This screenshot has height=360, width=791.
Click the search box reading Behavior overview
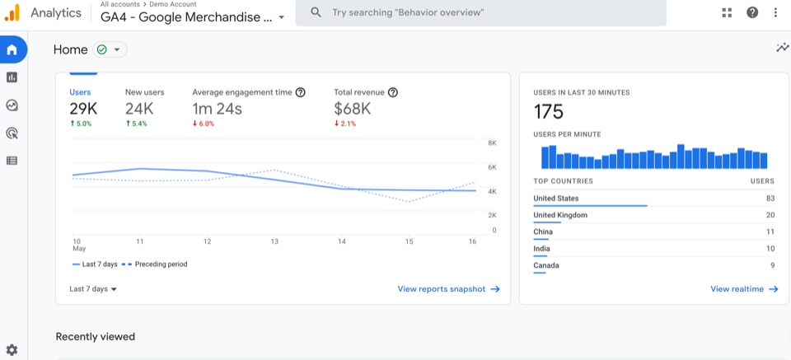click(480, 13)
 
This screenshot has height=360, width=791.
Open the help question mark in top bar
click(752, 12)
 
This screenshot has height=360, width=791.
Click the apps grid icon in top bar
click(727, 12)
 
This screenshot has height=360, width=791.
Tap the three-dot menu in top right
click(775, 12)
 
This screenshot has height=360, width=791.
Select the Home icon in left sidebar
click(12, 49)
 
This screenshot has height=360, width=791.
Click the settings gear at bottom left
click(12, 350)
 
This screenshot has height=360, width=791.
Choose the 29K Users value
click(83, 109)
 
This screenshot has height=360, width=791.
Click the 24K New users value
click(140, 109)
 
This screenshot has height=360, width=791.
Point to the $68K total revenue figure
click(352, 109)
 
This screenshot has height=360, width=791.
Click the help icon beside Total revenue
click(393, 92)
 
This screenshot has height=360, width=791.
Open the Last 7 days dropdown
click(93, 289)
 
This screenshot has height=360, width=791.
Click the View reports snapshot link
click(448, 289)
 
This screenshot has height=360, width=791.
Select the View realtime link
click(744, 289)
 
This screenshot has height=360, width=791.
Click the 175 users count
click(549, 111)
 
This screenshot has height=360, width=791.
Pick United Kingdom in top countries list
click(560, 215)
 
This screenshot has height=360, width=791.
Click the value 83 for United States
click(770, 199)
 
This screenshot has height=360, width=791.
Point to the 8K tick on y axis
click(492, 143)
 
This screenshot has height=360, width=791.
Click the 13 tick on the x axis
click(274, 241)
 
